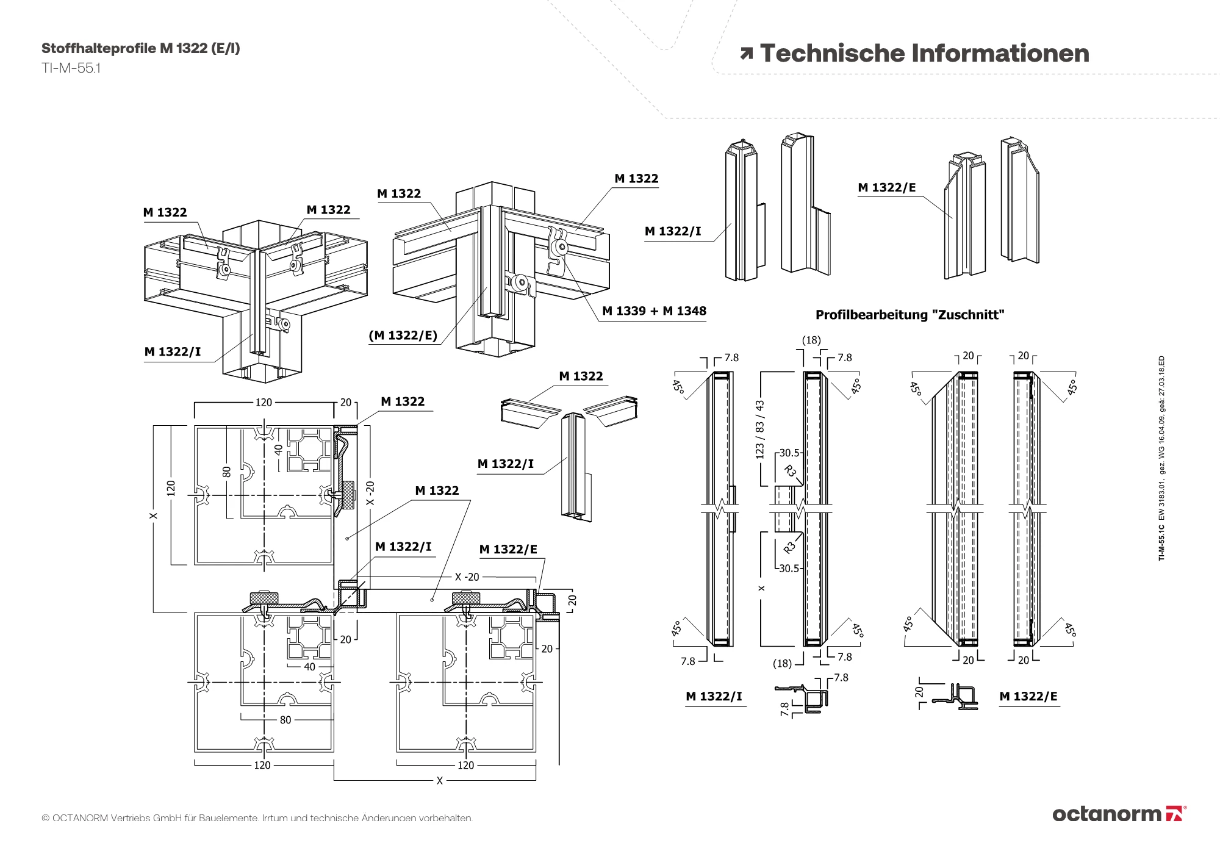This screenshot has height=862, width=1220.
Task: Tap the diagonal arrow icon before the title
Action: click(746, 54)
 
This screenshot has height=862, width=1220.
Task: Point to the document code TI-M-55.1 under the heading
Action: click(71, 68)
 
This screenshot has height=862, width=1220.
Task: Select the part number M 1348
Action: click(684, 311)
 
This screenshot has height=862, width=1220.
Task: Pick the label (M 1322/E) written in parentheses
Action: click(403, 336)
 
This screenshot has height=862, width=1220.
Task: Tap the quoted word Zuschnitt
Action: click(968, 315)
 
